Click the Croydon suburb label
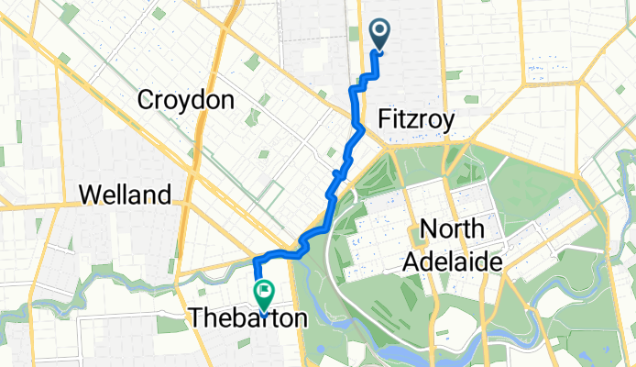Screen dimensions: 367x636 [x=184, y=101]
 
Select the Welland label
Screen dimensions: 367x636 [x=125, y=195]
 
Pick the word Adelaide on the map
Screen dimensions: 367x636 [x=455, y=262]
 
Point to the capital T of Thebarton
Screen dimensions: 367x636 [x=195, y=317]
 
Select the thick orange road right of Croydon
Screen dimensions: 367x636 [x=223, y=55]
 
